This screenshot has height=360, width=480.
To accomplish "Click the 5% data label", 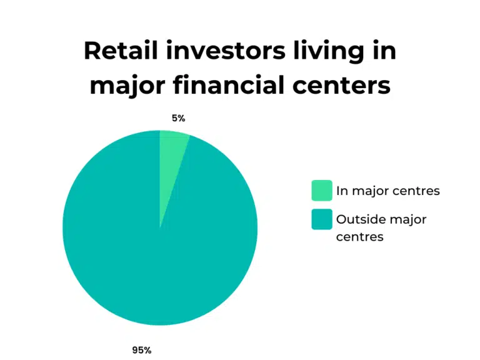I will (x=178, y=118).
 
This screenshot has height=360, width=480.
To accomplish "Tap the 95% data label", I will (x=141, y=350).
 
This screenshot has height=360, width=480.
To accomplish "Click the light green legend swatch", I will (x=322, y=191).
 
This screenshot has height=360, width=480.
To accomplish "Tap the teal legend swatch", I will (x=322, y=220).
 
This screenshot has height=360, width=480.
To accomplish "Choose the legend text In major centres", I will (x=387, y=191).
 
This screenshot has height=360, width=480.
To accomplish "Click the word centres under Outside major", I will (x=359, y=237).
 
